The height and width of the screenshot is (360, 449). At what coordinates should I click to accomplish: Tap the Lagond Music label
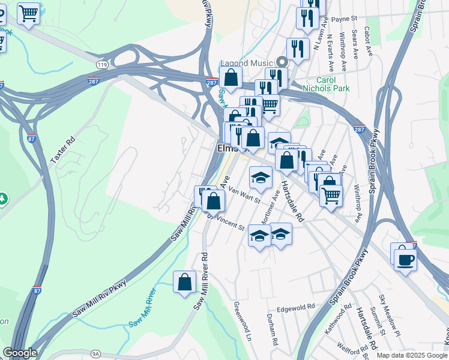[247, 62]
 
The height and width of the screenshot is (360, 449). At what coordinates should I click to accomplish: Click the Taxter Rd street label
[63, 150]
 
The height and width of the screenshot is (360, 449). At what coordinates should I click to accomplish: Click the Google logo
[19, 353]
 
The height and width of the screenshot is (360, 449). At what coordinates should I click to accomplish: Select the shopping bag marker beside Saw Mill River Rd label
[185, 283]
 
